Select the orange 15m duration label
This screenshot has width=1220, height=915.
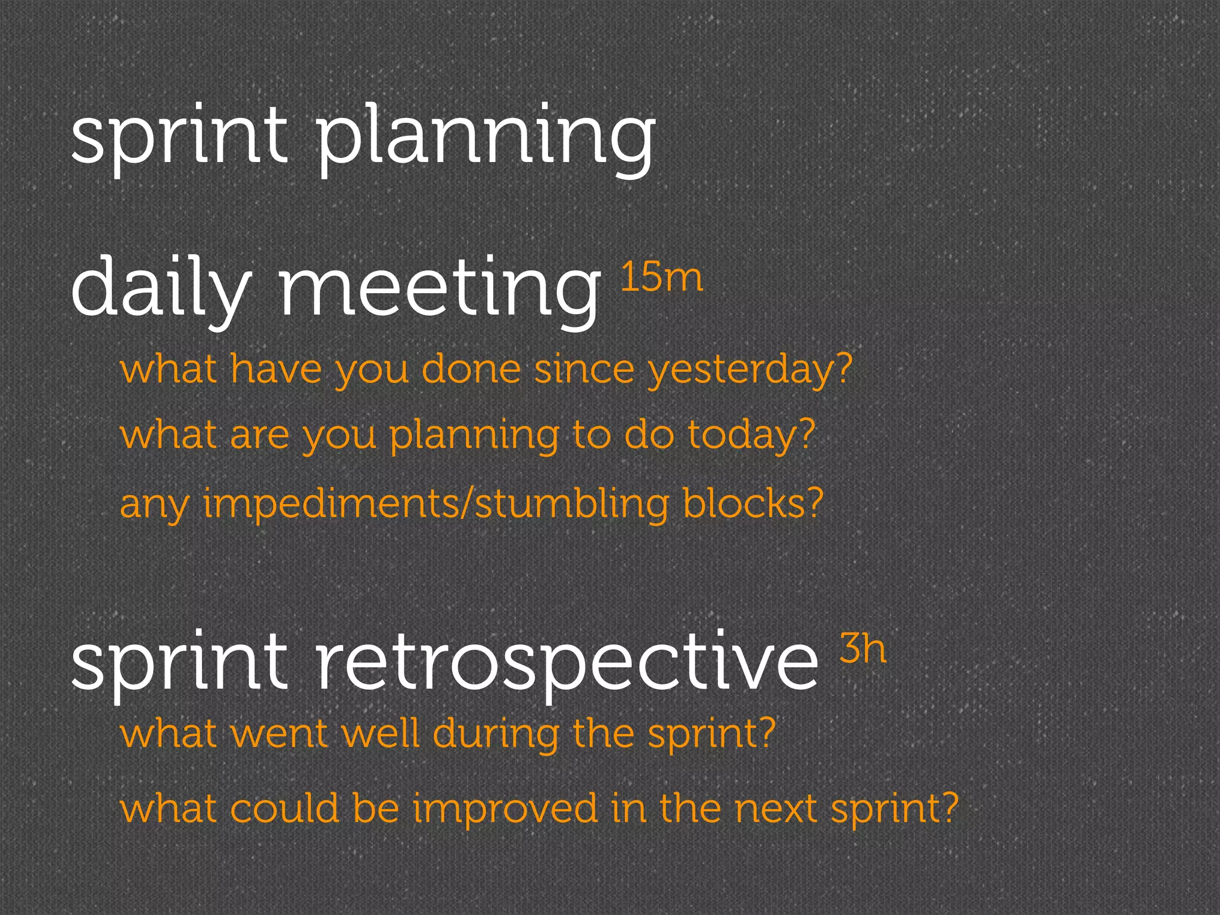(x=661, y=278)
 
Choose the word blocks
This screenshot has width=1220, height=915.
(x=745, y=504)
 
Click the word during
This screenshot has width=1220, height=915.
(x=496, y=734)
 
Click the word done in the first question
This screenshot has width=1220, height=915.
(x=471, y=369)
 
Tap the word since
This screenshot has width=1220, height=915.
(x=584, y=369)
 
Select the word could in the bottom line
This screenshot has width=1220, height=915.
(x=284, y=809)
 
